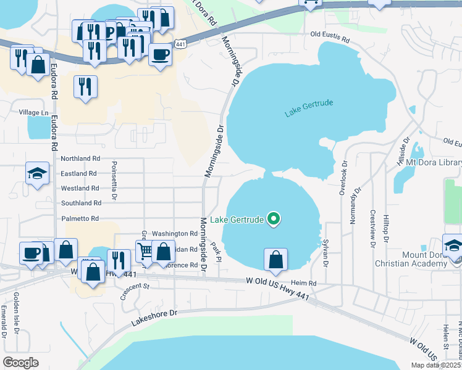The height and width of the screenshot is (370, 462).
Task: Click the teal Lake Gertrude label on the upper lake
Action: point(309,110)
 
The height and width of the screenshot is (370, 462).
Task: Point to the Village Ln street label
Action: point(33,112)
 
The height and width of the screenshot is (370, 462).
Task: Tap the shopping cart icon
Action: point(145,250)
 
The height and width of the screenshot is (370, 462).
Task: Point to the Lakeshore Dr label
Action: point(154,318)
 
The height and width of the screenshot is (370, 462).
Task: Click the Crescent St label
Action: point(135,290)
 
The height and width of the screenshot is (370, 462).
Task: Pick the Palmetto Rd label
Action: point(80,218)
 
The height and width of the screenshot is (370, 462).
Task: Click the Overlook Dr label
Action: point(343,179)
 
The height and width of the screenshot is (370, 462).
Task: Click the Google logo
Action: point(21,363)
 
